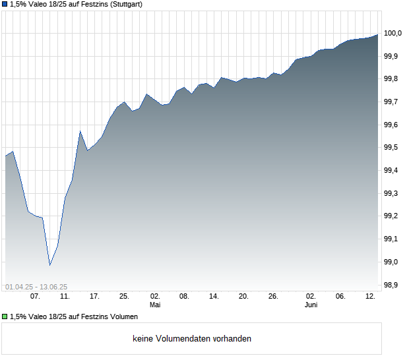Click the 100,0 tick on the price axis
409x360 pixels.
point(393,33)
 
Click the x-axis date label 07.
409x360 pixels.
point(35,297)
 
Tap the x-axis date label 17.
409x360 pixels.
point(94,297)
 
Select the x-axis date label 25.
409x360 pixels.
point(124,297)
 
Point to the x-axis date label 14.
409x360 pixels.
point(214,297)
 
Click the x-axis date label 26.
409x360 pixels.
point(273,297)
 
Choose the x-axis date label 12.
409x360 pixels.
point(371,297)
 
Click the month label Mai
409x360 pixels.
point(155,305)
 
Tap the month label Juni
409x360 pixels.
point(311,305)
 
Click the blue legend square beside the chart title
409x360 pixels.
point(5,4)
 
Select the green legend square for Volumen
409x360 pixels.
point(5,316)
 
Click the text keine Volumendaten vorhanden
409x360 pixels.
point(192,339)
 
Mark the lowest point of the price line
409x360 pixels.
point(50,265)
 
